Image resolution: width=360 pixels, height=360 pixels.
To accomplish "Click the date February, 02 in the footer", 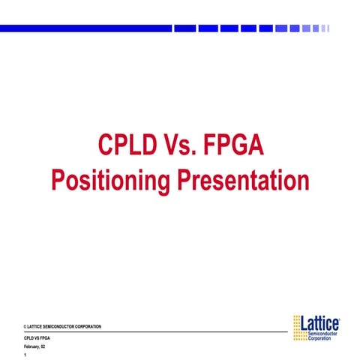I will [x=34, y=347].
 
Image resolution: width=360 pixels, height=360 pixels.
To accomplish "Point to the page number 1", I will [x=25, y=355].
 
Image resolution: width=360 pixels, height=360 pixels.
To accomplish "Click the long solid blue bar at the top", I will [x=85, y=28].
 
